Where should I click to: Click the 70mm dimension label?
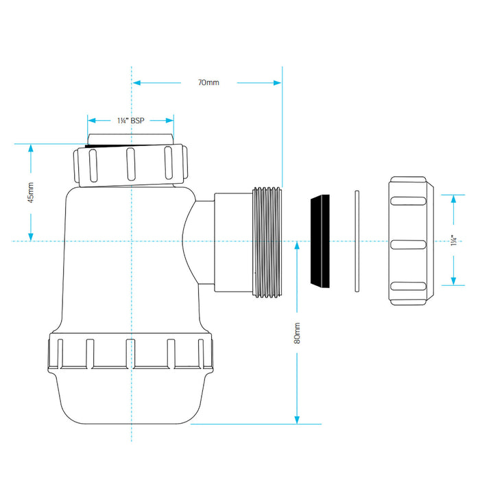tap(208, 83)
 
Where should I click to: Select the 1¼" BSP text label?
tap(131, 121)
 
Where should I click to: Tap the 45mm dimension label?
tap(31, 193)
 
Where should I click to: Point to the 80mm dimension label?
tap(297, 333)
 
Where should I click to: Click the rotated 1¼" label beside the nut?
tap(454, 240)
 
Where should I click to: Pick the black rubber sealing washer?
tap(320, 241)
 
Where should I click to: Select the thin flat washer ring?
tap(357, 241)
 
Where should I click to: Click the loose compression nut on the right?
tap(411, 241)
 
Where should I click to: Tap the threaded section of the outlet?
tap(267, 242)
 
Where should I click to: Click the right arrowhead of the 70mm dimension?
tap(277, 83)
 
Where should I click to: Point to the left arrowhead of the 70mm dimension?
tap(136, 83)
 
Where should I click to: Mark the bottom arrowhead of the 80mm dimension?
tap(297, 420)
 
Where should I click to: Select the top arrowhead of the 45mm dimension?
tap(31, 148)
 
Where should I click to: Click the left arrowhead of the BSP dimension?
tap(91, 121)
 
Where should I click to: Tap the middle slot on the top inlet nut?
tap(131, 165)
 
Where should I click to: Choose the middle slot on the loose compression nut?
tap(409, 245)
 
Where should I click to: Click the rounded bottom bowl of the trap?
tap(131, 397)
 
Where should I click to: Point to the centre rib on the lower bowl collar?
tap(131, 353)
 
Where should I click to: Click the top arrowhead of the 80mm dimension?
tap(297, 246)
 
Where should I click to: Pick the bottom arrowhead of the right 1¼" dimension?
tap(454, 281)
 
